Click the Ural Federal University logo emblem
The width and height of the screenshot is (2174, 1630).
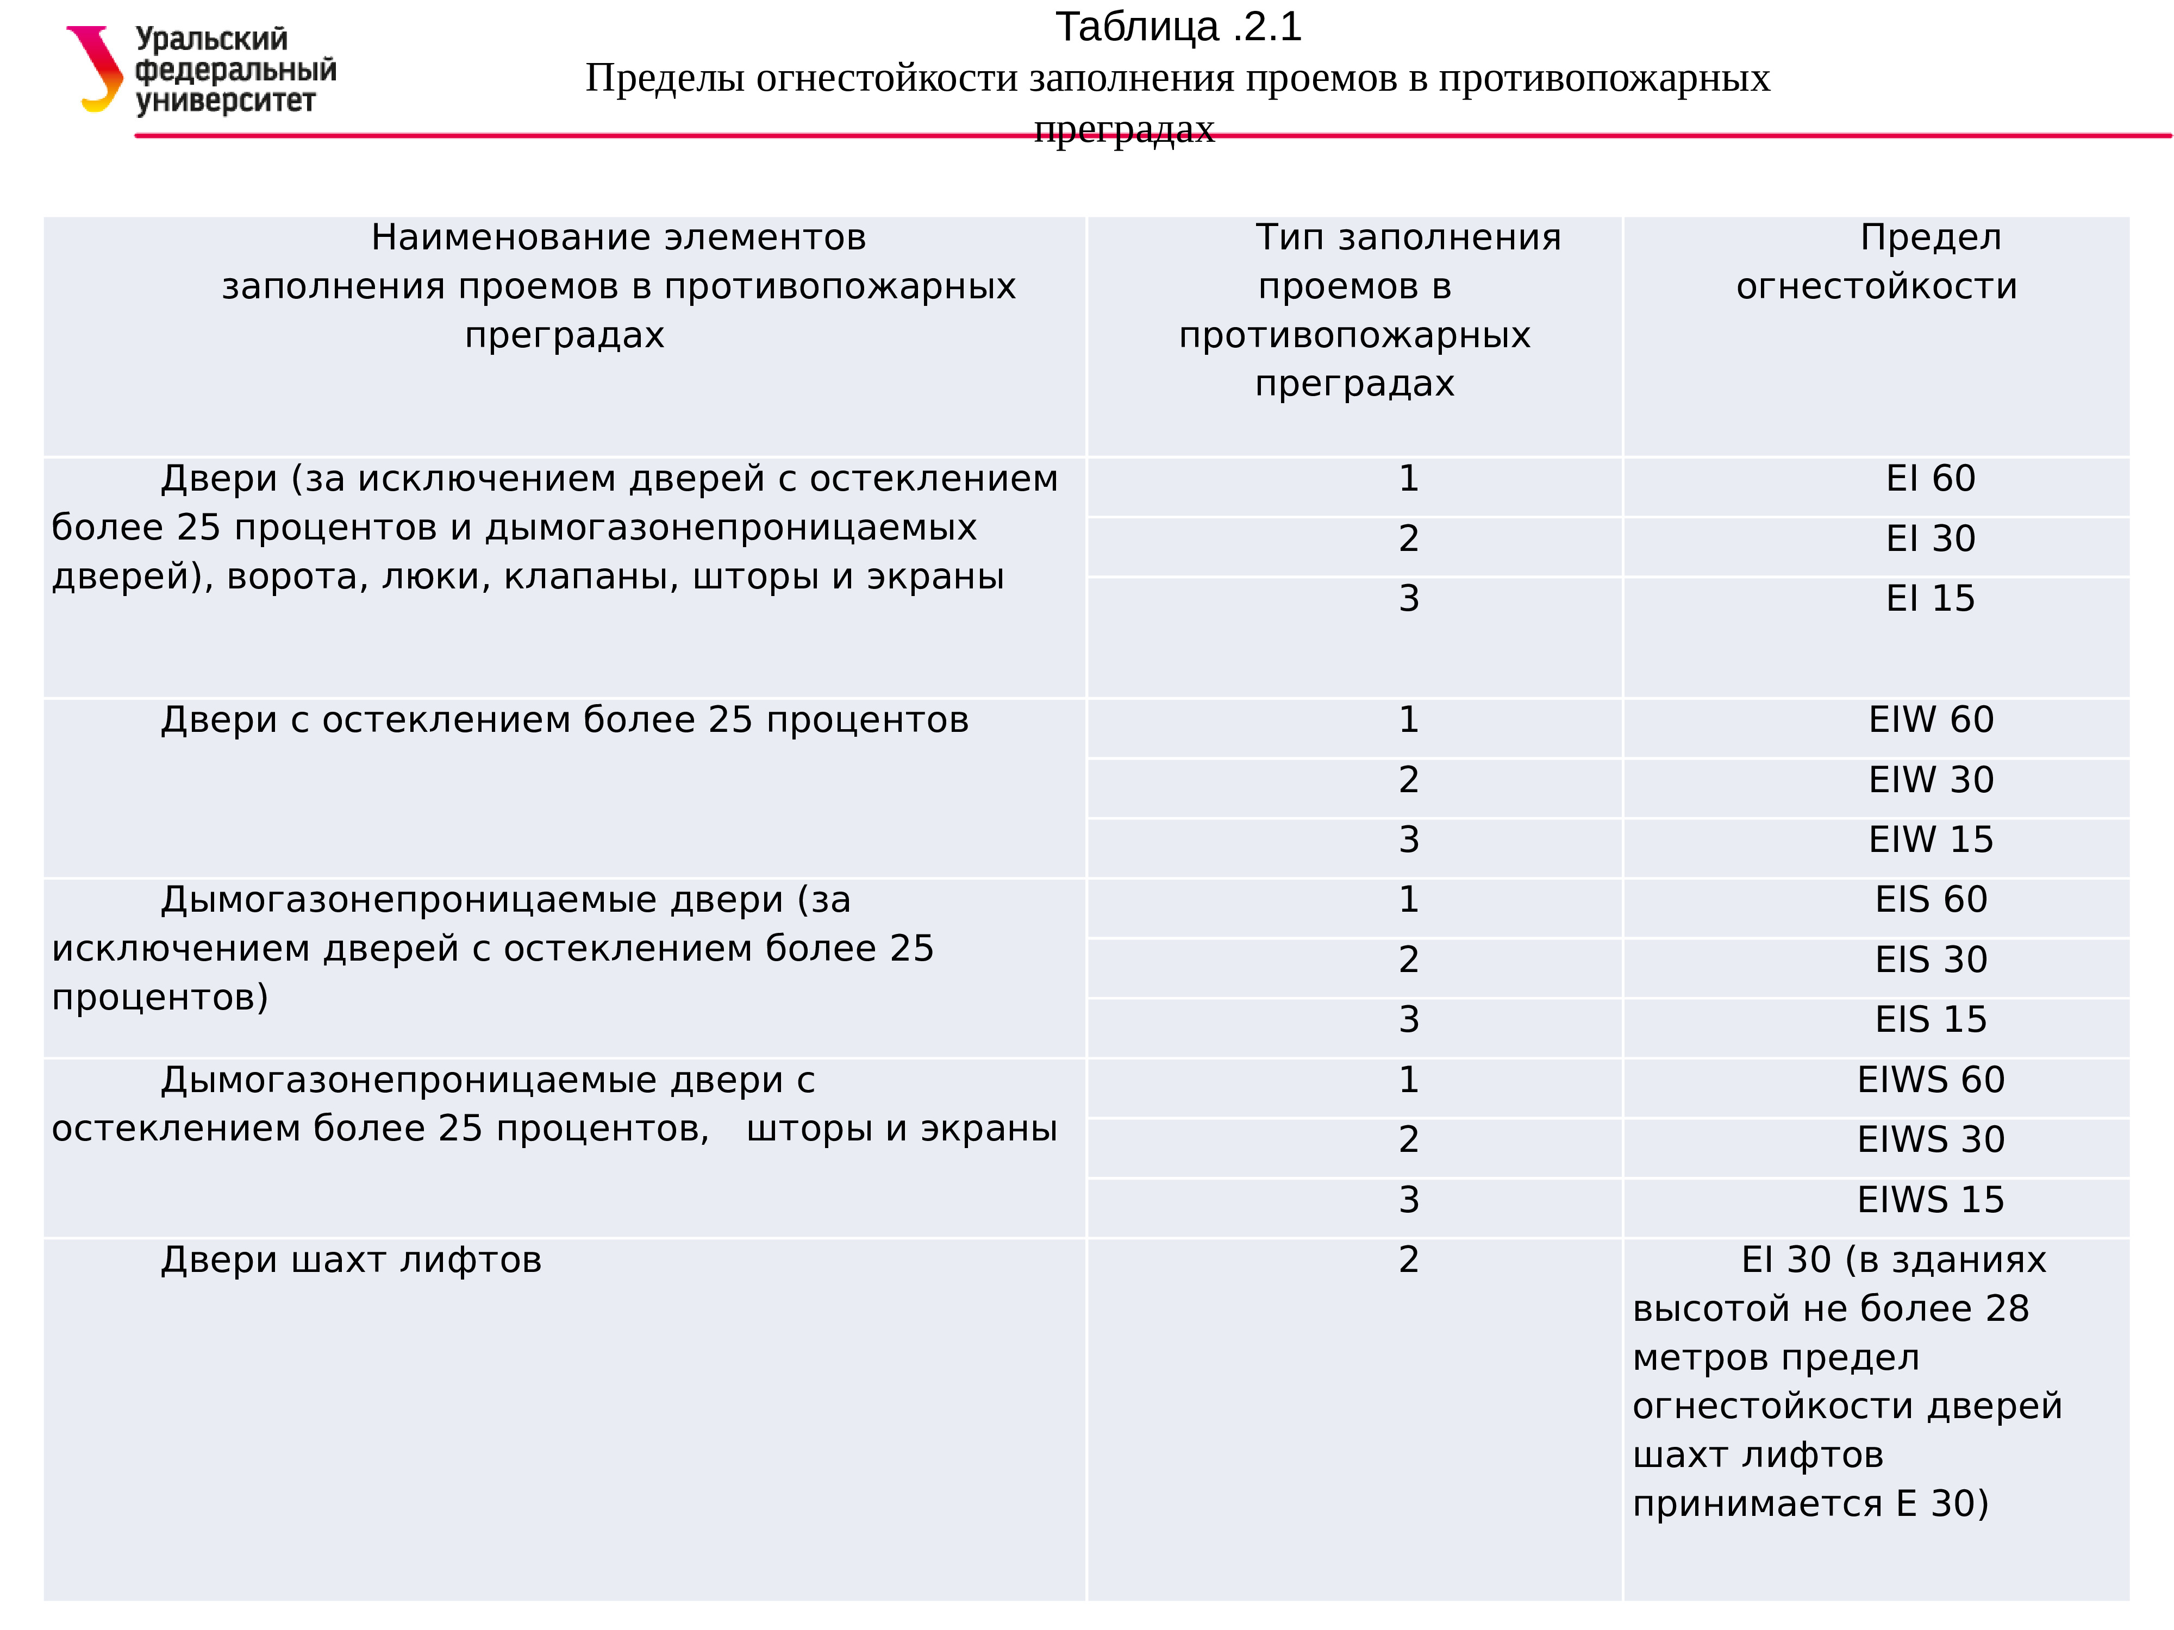click(95, 69)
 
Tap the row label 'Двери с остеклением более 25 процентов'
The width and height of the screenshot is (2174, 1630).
click(564, 720)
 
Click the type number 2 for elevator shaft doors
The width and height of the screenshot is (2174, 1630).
click(1408, 1259)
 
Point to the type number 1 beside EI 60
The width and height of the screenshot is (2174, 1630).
click(1408, 479)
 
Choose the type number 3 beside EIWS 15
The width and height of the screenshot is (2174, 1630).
click(1408, 1200)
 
